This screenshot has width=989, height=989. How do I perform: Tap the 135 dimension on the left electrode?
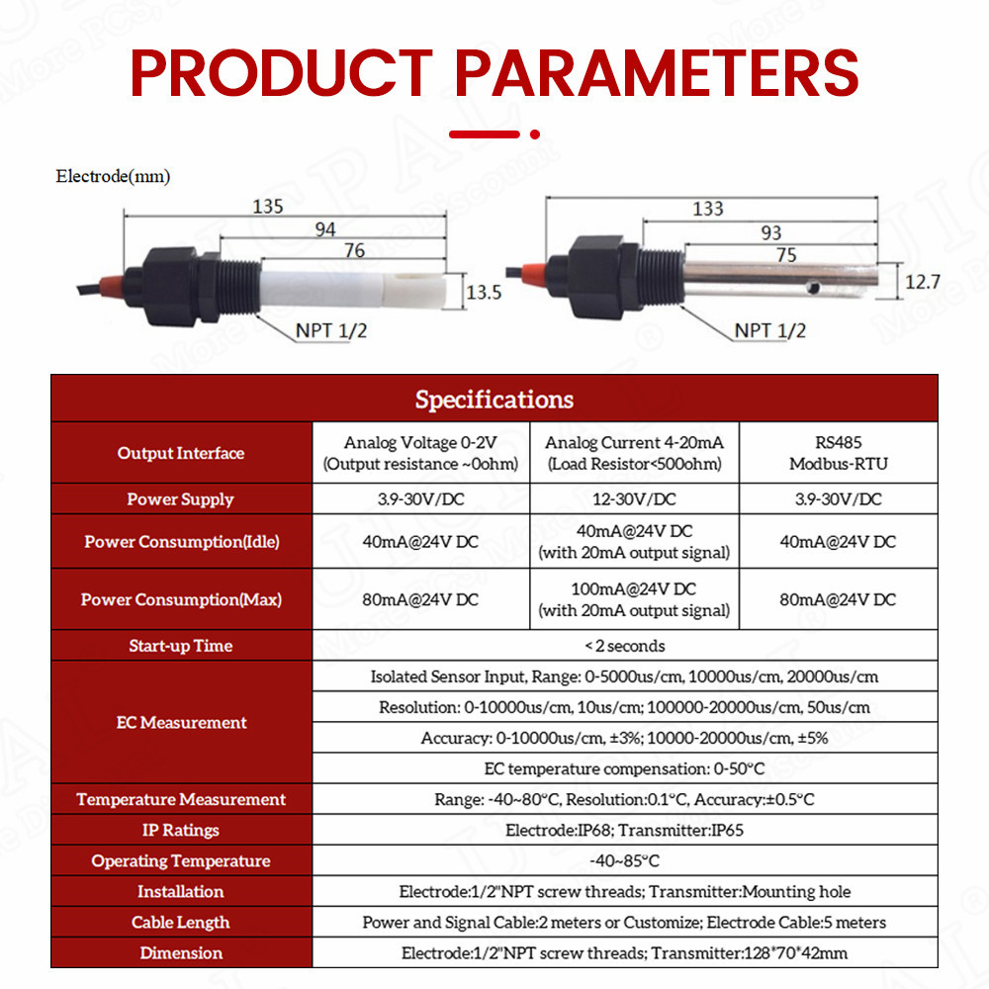268,207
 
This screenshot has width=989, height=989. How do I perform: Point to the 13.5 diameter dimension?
484,293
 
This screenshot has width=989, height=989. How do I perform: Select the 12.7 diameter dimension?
922,282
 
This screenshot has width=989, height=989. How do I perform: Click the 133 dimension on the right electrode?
708,209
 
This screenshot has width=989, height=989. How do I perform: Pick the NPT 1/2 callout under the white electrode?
331,330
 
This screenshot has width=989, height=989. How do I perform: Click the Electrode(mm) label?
113,176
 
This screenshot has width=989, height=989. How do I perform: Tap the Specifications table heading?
494,400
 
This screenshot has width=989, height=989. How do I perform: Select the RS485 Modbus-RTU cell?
839,453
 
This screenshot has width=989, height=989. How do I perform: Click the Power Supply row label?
180,498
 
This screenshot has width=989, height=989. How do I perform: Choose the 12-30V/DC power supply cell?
634,498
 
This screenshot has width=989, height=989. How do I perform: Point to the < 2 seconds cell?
624,646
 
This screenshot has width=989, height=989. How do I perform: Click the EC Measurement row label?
181,722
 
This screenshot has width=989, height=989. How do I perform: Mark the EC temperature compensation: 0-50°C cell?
624,768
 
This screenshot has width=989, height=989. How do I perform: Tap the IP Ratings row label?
180,830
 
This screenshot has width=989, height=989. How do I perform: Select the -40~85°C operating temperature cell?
624,861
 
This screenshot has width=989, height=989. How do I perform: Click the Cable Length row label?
180,922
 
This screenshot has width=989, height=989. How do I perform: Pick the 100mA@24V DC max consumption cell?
634,599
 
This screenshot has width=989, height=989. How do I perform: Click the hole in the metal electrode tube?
813,289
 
